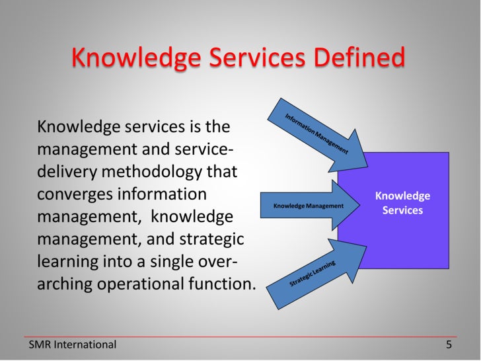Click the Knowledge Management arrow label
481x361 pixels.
(x=309, y=206)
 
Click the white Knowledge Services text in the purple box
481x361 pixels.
(x=402, y=203)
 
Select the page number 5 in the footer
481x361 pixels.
(x=449, y=344)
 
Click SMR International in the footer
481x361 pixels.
(x=73, y=344)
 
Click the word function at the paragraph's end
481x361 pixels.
(x=227, y=285)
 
